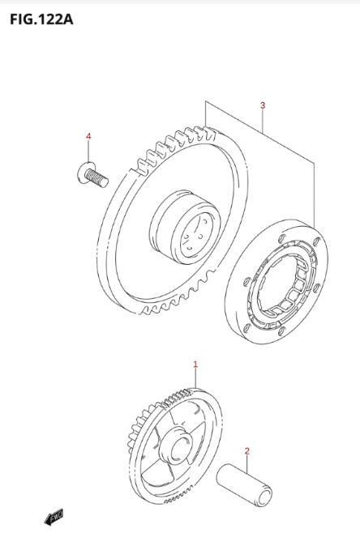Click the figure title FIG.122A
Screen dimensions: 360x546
click(x=41, y=19)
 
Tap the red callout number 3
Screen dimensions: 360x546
click(x=263, y=105)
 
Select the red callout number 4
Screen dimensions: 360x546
click(x=88, y=136)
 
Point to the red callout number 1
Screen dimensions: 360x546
click(x=195, y=365)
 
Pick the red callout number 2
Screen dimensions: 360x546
click(x=247, y=451)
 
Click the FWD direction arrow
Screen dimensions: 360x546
click(x=54, y=517)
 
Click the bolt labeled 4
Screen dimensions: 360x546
click(x=92, y=175)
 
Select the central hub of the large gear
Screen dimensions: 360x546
click(x=185, y=227)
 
